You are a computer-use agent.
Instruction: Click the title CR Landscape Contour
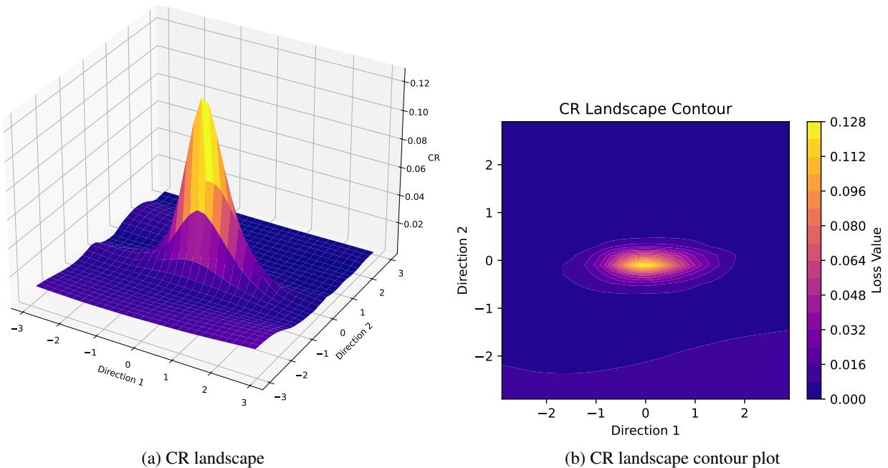(x=644, y=110)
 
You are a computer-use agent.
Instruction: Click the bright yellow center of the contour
(x=644, y=264)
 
